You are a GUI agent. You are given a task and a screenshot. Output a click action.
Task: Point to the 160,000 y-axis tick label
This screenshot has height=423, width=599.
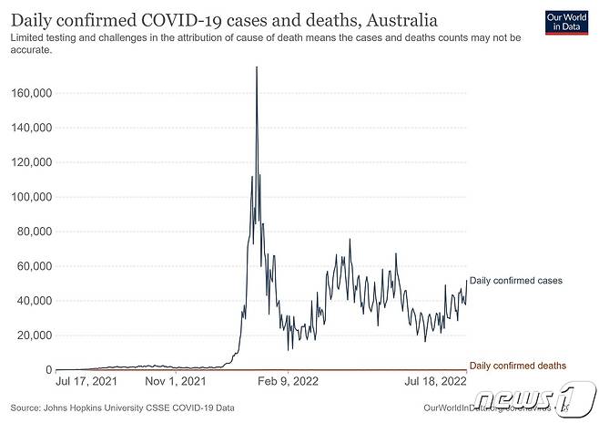click(x=30, y=93)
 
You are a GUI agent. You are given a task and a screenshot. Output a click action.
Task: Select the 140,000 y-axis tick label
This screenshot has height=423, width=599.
click(x=30, y=128)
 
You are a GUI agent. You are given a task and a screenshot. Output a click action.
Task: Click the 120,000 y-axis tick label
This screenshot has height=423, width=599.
click(x=30, y=162)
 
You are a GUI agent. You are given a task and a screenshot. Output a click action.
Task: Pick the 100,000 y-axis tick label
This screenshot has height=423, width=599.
click(x=30, y=197)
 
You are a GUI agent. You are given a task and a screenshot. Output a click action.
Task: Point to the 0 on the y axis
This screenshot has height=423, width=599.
click(x=47, y=370)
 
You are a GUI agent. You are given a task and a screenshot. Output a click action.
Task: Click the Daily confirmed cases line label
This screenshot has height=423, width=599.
click(x=517, y=281)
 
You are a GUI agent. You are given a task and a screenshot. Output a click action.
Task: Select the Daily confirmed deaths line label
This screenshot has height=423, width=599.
click(x=517, y=366)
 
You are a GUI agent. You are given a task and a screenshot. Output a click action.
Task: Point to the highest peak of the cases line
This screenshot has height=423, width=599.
click(x=257, y=67)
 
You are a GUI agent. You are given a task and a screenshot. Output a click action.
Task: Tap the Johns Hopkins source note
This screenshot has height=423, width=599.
click(x=122, y=408)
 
